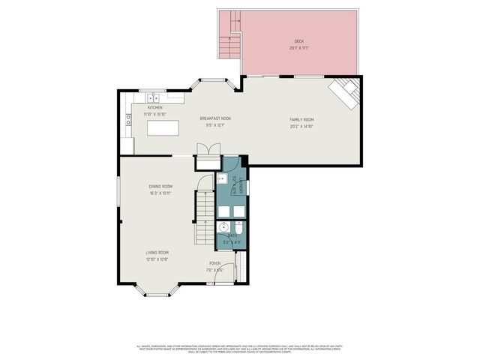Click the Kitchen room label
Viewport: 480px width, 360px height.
click(x=155, y=108)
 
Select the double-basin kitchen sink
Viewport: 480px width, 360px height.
click(x=154, y=97)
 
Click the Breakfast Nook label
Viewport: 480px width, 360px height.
click(x=214, y=118)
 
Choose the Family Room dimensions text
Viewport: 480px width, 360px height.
click(x=301, y=126)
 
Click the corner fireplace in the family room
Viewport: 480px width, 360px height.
click(x=347, y=92)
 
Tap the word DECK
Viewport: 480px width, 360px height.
click(x=299, y=41)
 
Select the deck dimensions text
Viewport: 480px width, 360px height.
click(x=299, y=47)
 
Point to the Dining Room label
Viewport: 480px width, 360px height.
click(x=160, y=186)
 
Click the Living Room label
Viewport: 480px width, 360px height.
click(x=157, y=253)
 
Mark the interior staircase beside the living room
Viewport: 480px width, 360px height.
click(x=204, y=217)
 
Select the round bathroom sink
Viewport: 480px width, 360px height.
click(x=223, y=228)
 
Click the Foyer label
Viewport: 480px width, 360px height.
click(x=214, y=263)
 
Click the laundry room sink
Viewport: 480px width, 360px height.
click(x=222, y=179)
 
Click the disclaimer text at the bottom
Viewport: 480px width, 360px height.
click(x=239, y=348)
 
